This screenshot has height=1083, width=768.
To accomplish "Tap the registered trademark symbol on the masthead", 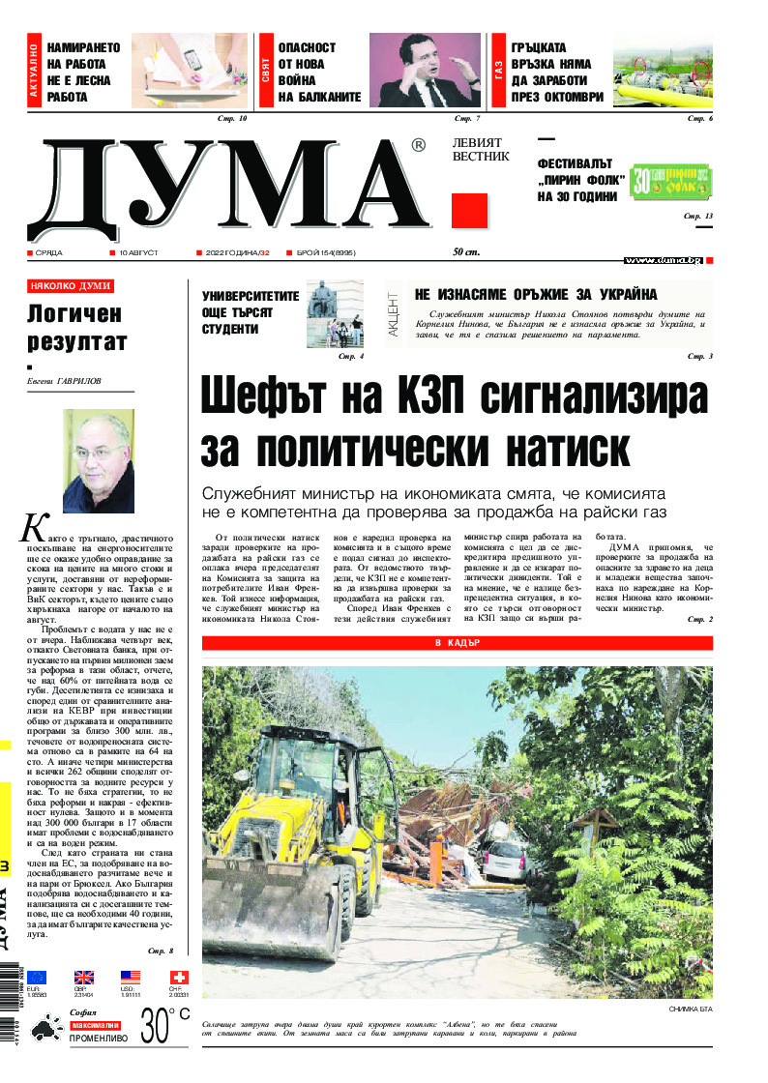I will [x=418, y=146].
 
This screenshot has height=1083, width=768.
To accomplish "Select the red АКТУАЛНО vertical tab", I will [x=35, y=71].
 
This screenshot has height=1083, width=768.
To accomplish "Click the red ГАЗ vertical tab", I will [x=500, y=71].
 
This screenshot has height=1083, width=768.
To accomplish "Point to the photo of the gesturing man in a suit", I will [x=425, y=70].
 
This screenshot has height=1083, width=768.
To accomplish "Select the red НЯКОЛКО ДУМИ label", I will [x=71, y=286].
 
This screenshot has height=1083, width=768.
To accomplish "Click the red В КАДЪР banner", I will [x=457, y=643].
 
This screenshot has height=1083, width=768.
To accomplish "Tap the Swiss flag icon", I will [x=179, y=977].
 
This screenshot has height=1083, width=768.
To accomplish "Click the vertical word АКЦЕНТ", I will [x=394, y=313].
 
